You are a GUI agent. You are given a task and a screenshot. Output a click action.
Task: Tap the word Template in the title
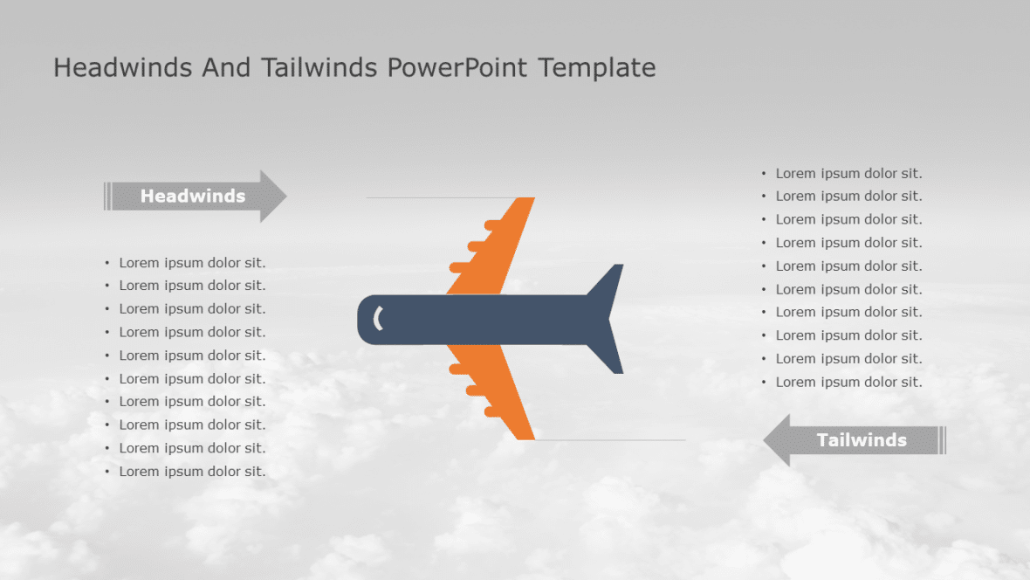click(x=596, y=67)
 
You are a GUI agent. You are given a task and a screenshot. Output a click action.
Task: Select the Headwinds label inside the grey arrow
click(x=193, y=197)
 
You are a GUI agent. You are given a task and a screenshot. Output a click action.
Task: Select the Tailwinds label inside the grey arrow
click(x=862, y=440)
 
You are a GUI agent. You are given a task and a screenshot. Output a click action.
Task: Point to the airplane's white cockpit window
click(x=378, y=319)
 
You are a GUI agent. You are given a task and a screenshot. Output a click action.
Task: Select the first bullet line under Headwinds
click(x=192, y=263)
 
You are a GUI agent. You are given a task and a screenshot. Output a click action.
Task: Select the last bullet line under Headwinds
click(x=192, y=472)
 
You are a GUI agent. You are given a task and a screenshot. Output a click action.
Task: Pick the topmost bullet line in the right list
click(x=848, y=174)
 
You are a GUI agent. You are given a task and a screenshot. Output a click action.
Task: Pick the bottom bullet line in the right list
click(x=848, y=382)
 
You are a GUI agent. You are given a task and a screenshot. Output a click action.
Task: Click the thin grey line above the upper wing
click(x=419, y=197)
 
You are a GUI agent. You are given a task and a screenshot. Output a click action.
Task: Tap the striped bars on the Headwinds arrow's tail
click(x=107, y=197)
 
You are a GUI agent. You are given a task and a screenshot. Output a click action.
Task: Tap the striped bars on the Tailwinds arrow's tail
click(x=942, y=440)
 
